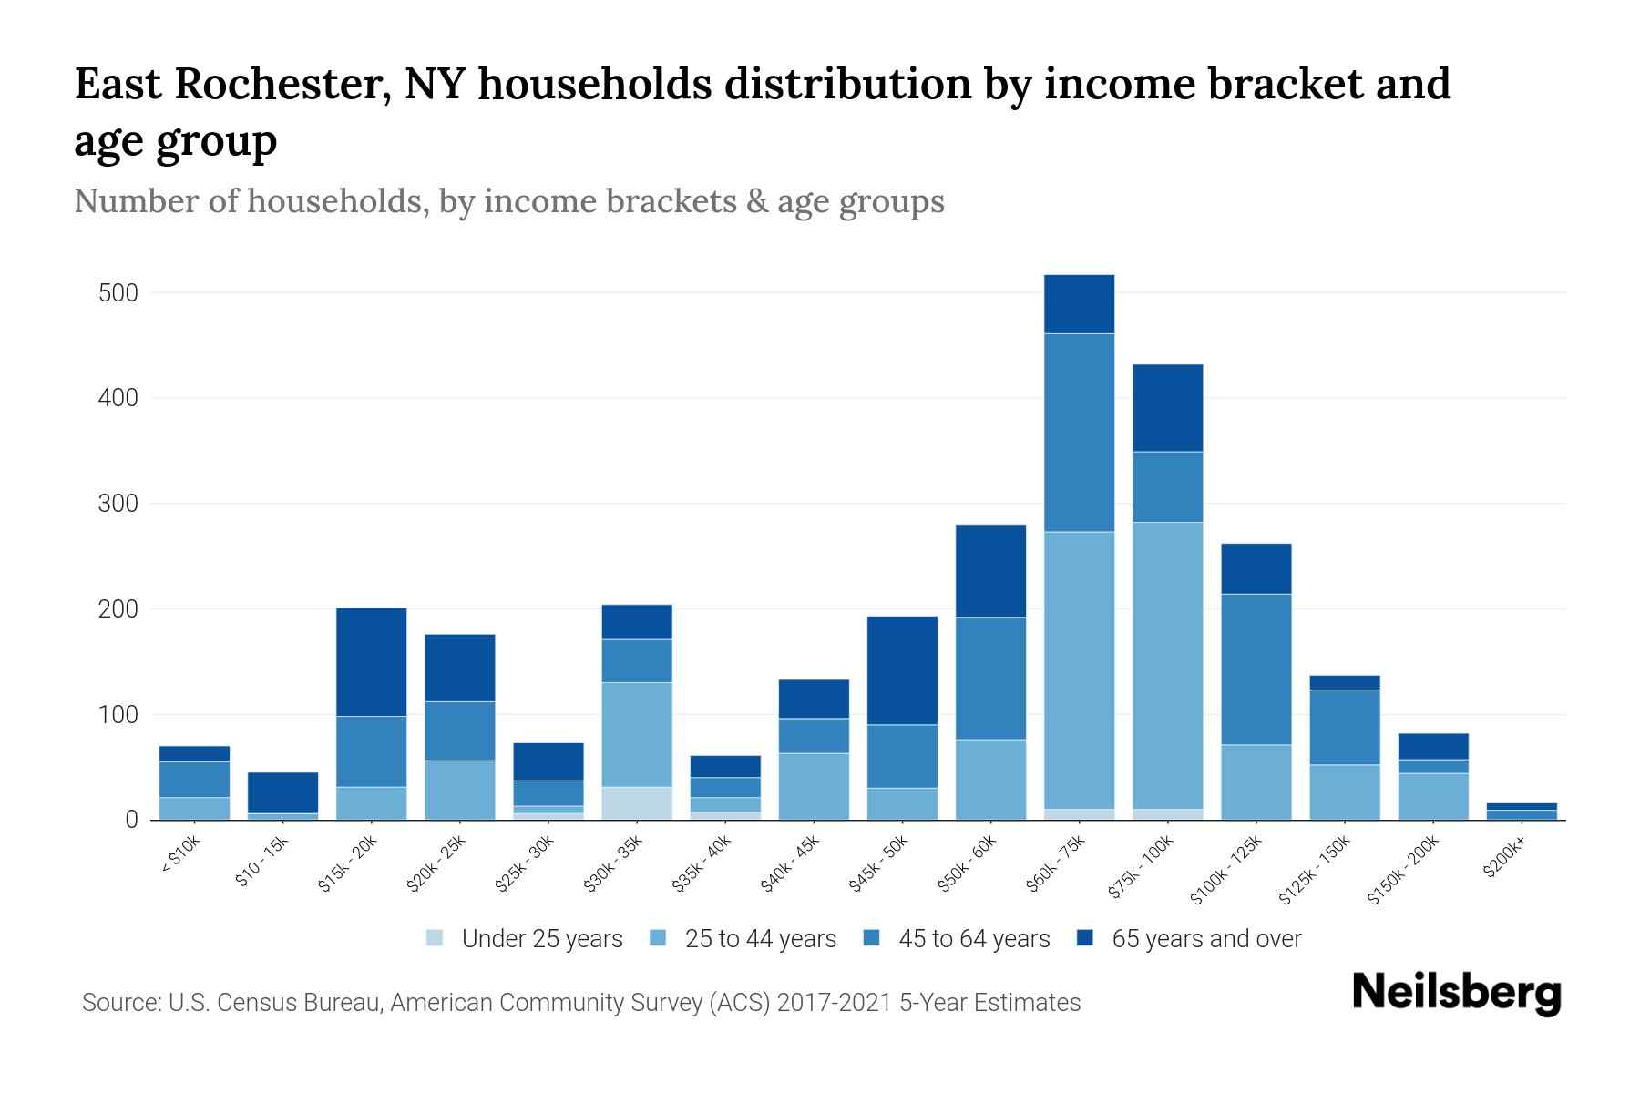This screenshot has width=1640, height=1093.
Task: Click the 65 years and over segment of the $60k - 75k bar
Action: pos(1079,304)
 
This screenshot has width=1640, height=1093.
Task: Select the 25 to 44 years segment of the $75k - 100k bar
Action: pos(1167,665)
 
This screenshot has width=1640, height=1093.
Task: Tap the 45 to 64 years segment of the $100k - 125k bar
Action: pos(1256,669)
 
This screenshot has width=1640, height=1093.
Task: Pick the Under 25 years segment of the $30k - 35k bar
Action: pos(636,803)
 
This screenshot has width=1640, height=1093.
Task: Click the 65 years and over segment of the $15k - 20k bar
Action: pos(371,662)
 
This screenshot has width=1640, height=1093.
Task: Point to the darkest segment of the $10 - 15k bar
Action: pos(282,792)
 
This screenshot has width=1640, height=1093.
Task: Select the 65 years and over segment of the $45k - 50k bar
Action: pos(902,670)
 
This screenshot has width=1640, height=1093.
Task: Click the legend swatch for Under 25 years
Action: pos(436,938)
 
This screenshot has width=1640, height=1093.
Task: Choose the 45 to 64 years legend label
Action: pos(974,938)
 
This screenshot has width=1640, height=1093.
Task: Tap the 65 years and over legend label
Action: pos(1206,938)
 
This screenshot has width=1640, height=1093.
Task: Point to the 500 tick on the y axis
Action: pos(118,293)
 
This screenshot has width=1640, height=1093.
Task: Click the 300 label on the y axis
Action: pos(118,504)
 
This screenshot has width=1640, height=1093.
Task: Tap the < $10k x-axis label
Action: pos(179,856)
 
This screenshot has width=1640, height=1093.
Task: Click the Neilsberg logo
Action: pos(1456,993)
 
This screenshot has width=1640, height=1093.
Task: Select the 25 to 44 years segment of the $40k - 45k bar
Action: pos(814,786)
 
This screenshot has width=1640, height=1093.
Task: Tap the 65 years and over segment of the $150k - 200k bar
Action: pos(1432,746)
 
